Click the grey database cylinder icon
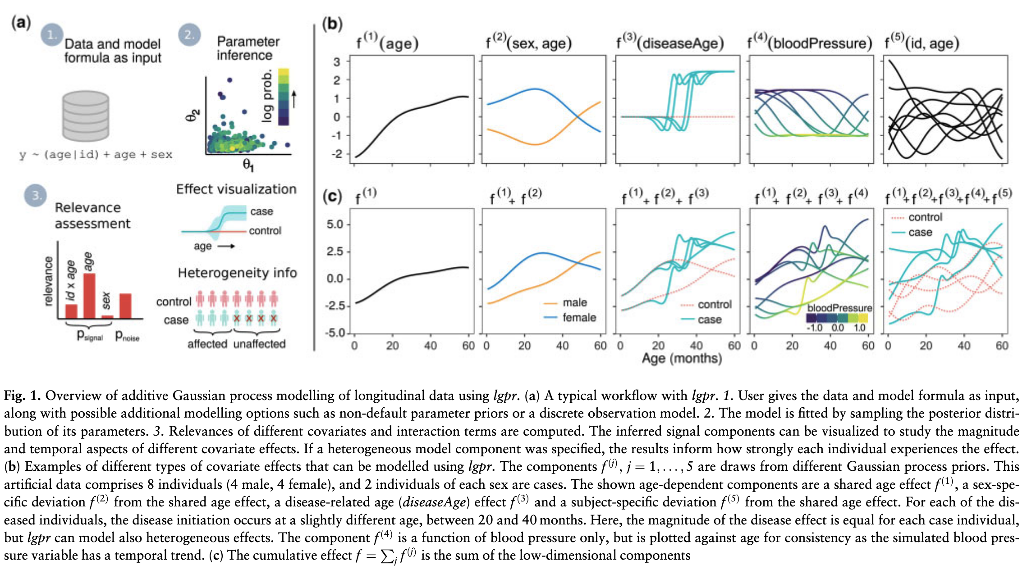pyautogui.click(x=86, y=116)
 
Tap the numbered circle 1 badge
pyautogui.click(x=52, y=35)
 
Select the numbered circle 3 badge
pyautogui.click(x=36, y=196)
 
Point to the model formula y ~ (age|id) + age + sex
pyautogui.click(x=96, y=155)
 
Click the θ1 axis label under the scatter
pyautogui.click(x=248, y=165)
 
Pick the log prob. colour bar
pyautogui.click(x=284, y=97)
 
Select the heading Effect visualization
pyautogui.click(x=236, y=189)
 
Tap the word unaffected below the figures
pyautogui.click(x=259, y=344)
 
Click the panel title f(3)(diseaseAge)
pyautogui.click(x=670, y=42)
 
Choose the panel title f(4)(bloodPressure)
pyautogui.click(x=809, y=43)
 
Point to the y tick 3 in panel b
pyautogui.click(x=337, y=62)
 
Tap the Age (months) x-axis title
pyautogui.click(x=682, y=359)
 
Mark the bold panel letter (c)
pyautogui.click(x=331, y=197)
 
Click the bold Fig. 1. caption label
pyautogui.click(x=22, y=396)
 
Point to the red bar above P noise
pyautogui.click(x=125, y=306)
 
